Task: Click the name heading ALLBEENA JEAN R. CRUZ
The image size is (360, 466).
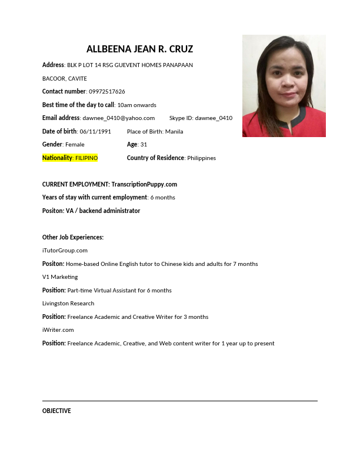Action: tap(139, 49)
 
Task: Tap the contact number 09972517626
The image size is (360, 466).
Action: tap(106, 92)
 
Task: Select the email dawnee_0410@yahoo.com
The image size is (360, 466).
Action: tap(118, 118)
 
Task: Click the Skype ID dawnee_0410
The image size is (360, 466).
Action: tap(214, 118)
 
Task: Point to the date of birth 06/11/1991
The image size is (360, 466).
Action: tap(95, 132)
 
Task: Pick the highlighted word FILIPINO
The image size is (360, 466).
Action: tap(86, 158)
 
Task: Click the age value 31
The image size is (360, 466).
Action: tap(144, 145)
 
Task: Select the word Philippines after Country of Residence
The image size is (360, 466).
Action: tap(201, 158)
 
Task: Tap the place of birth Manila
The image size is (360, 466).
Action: tap(174, 132)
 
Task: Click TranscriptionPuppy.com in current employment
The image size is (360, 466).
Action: tap(144, 185)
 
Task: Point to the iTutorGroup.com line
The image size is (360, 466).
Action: tap(65, 251)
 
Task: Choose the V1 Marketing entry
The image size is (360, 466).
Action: tap(60, 277)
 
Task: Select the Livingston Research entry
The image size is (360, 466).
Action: tap(68, 304)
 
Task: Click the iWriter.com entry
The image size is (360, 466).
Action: tap(58, 330)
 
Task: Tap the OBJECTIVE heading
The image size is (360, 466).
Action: tap(56, 411)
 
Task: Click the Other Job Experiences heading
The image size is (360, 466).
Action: tap(73, 238)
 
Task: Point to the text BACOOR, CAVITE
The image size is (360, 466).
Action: tap(65, 78)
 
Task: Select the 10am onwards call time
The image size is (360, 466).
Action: tap(136, 105)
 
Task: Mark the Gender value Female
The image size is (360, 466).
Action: tap(75, 145)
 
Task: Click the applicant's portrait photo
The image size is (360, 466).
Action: tap(284, 86)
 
